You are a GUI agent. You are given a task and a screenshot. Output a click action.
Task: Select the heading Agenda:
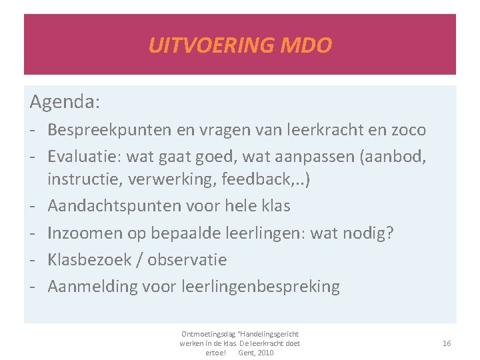point(65,102)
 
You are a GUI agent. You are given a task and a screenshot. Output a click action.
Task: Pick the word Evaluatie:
point(87,157)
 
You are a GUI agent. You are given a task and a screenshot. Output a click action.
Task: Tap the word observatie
point(187,259)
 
